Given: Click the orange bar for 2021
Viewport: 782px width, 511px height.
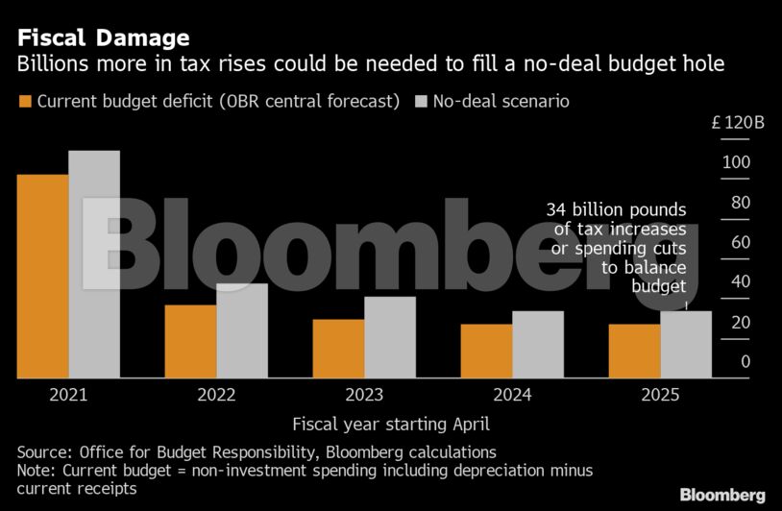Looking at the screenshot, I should click(43, 277).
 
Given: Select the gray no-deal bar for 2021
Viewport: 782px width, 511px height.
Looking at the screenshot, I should click(94, 264).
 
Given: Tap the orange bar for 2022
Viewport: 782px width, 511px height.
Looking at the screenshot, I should click(190, 342).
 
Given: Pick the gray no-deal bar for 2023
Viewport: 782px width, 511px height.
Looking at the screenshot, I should click(390, 337).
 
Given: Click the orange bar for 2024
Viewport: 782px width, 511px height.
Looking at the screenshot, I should click(486, 352).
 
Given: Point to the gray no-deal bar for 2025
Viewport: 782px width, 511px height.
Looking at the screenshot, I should click(686, 345).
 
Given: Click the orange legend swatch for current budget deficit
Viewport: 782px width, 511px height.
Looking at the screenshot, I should click(25, 101).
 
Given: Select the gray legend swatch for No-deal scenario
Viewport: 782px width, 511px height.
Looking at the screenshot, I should click(420, 101).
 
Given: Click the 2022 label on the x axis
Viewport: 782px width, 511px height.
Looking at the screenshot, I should click(216, 395).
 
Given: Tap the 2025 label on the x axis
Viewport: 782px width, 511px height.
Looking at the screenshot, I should click(660, 395).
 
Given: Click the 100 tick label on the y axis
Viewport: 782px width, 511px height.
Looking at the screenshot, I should click(736, 162).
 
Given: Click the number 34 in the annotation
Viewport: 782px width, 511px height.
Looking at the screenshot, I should click(556, 209).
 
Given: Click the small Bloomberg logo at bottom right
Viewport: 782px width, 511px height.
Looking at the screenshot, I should click(722, 495).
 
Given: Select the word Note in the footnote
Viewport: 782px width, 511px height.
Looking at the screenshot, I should click(36, 471).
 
